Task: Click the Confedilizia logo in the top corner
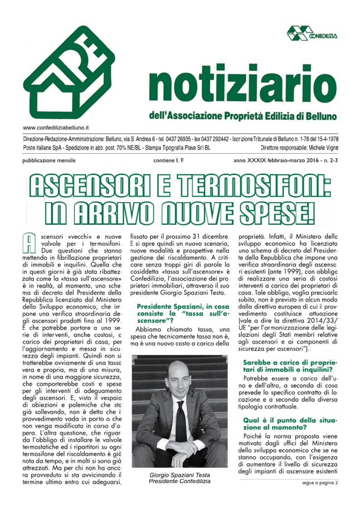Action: [x=314, y=33]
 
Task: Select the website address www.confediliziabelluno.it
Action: [x=56, y=128]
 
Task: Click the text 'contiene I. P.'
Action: [x=169, y=161]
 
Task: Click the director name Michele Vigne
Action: [x=321, y=148]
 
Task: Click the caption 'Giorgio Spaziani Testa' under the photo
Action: [x=180, y=475]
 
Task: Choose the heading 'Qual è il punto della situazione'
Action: [x=290, y=424]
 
